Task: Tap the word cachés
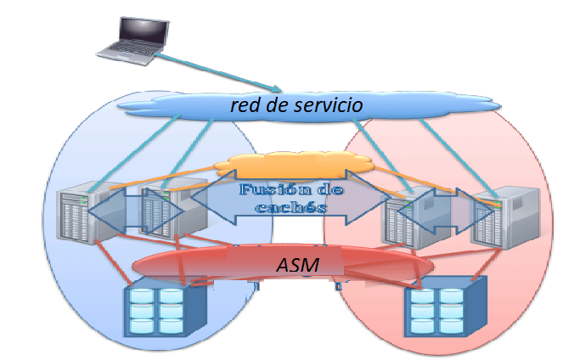[279, 208]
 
